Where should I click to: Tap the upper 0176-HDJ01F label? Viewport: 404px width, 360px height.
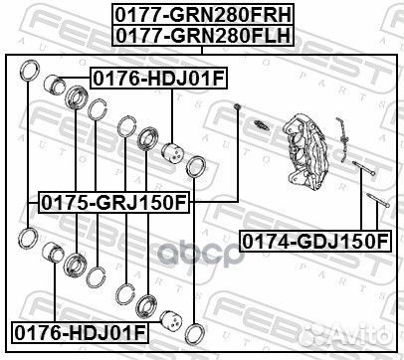pos(146,77)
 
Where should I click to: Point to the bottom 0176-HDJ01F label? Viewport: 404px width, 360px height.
pos(79,328)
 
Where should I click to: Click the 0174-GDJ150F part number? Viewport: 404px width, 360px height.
pos(313,241)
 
